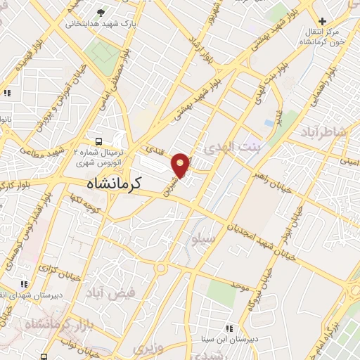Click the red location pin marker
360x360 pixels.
pos(181,164)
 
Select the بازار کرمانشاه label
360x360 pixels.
pos(54,326)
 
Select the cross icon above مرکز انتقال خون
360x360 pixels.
pos(323,21)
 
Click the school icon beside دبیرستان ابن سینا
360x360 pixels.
pos(229,328)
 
